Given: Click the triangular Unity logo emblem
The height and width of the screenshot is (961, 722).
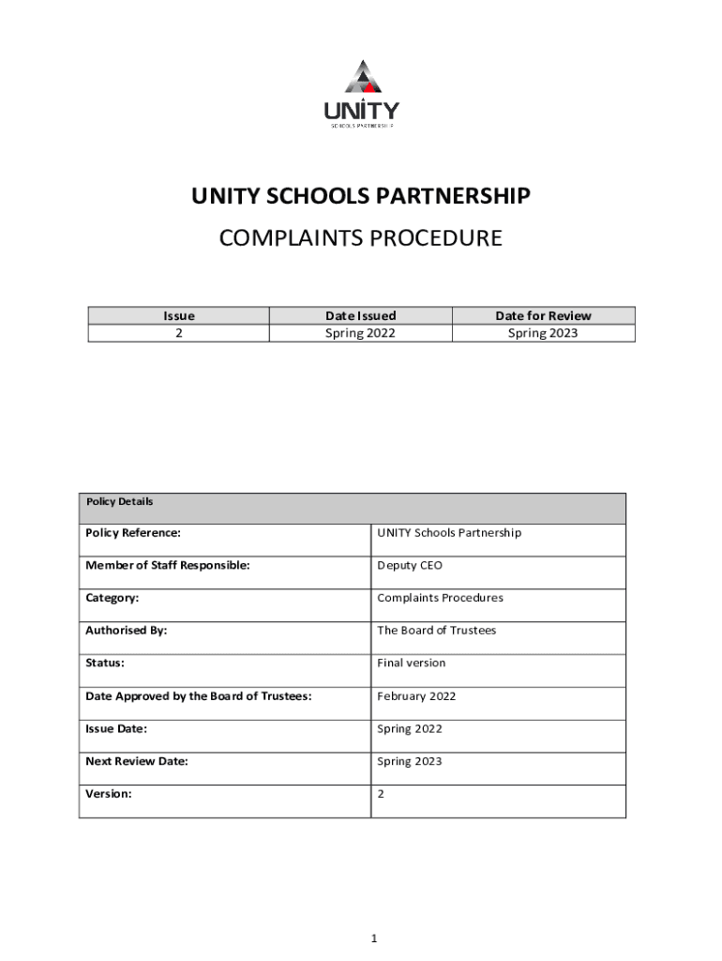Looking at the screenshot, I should pos(361,77).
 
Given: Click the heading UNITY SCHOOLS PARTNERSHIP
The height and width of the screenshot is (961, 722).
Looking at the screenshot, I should pos(361,196).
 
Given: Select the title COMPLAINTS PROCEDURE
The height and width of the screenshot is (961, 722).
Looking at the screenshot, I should pos(361,238).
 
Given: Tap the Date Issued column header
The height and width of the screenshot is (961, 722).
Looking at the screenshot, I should pos(360,316).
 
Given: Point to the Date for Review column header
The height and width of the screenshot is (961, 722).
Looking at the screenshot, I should pos(543,316).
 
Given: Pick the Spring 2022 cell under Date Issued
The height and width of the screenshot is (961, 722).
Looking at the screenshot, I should pos(360,333).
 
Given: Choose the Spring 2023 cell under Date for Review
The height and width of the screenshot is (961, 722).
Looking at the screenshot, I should pos(543,333).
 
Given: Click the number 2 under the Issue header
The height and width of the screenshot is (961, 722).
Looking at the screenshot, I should pos(178,333).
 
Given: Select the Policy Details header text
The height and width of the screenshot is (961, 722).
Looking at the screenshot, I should pos(119,502).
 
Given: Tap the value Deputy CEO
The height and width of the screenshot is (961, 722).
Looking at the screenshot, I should pos(409,566).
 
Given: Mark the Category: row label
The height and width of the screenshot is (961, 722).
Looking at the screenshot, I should pos(113,598).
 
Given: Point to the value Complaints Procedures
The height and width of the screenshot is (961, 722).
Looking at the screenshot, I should pos(440,598).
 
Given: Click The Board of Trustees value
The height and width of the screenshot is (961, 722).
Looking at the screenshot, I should pos(436,631).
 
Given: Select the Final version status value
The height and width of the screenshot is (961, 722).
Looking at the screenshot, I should pos(411,664).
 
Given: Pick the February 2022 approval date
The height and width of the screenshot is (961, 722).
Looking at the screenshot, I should pos(416,696).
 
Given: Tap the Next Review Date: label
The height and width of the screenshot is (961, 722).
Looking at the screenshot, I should pos(136,761).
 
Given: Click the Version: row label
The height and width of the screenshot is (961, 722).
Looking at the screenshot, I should pos(109,794).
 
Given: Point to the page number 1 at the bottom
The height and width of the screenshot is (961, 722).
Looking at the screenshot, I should pos(373,938).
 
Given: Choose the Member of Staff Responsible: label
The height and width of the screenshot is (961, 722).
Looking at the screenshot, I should pos(167,566).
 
